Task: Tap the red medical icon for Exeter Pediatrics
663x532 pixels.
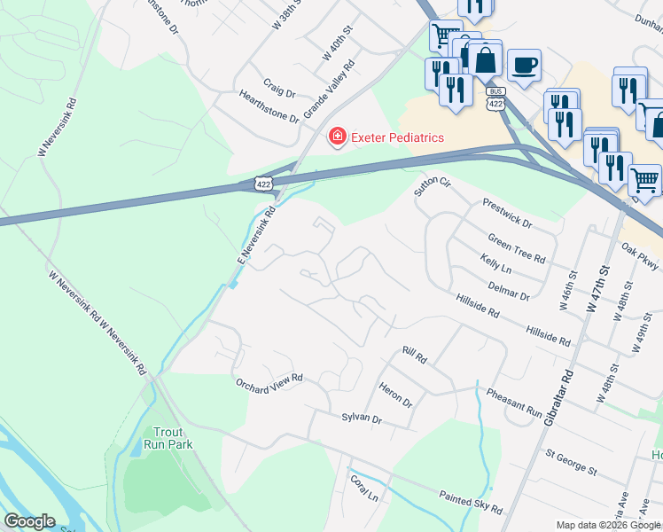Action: [337, 137]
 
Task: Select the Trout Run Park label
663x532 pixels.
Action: [168, 435]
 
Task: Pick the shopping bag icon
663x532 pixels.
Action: [485, 60]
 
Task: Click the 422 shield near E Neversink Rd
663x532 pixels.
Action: [263, 184]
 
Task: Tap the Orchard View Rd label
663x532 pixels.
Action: [269, 380]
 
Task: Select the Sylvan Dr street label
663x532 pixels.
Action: [361, 418]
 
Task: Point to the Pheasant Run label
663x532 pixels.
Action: [509, 401]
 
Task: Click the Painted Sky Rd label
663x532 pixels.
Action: [471, 503]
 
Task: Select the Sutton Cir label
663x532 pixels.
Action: [433, 186]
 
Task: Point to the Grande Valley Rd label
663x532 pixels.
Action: [329, 90]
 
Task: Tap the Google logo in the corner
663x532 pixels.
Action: [30, 520]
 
